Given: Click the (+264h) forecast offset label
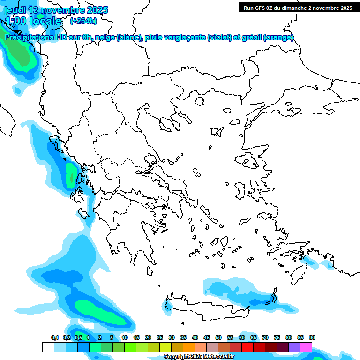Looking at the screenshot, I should [83, 21].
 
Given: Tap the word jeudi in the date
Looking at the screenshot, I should [15, 10].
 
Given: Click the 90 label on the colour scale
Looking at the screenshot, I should [312, 337].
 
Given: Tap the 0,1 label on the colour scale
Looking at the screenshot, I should [54, 337].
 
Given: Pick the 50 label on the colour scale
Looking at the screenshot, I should [218, 337].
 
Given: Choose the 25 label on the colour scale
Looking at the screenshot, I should [160, 337].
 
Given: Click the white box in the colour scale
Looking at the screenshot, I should [48, 347].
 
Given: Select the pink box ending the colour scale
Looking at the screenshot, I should [306, 347].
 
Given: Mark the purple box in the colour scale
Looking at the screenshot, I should [294, 347].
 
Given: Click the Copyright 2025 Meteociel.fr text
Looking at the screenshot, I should [199, 356].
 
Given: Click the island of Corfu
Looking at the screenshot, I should [72, 172].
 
